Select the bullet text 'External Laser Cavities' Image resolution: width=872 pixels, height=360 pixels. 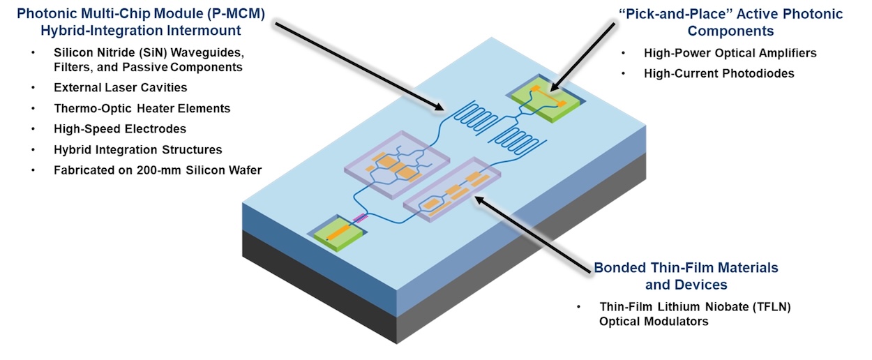coord(120,88)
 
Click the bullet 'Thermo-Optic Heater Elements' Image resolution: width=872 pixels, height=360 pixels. coord(142,109)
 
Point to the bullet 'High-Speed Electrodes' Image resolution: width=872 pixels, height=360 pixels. coord(119,129)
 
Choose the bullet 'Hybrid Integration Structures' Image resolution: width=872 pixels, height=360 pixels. coord(137,149)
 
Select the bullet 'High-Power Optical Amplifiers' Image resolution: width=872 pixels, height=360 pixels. coord(730,53)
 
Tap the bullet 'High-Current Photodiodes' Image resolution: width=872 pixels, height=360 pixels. coord(719,73)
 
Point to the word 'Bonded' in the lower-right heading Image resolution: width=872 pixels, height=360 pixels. coord(617,268)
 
